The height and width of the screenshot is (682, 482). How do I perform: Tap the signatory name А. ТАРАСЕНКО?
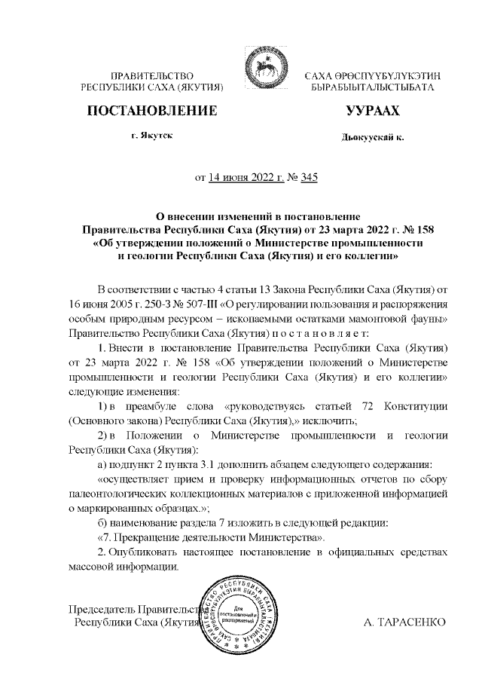coord(404,623)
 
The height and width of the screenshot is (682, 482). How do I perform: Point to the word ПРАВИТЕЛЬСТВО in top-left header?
coord(153,76)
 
